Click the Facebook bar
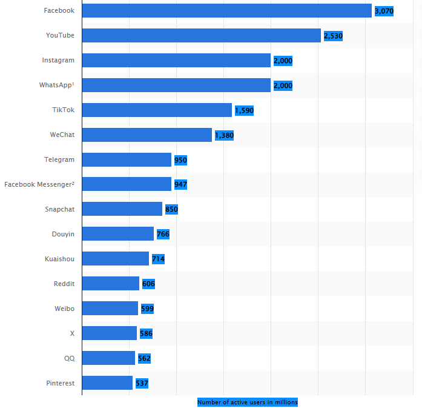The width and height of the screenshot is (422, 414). pos(226,11)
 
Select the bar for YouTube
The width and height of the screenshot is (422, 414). pos(201,36)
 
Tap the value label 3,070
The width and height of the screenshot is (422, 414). pos(384,11)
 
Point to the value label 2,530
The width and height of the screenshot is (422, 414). pos(333,36)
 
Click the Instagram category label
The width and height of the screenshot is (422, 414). pos(58,60)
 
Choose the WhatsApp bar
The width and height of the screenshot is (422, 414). pos(176,85)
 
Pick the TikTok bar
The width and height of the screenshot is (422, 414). pos(157,110)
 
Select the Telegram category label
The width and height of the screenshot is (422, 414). pos(59,159)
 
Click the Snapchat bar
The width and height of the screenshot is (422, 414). pos(122,209)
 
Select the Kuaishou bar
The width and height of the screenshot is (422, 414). pos(115,259)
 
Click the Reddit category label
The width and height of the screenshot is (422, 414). pos(64,283)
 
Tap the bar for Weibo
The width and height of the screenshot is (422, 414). pos(110,309)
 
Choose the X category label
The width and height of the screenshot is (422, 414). pos(72,333)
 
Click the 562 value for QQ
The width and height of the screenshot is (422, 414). pos(144,358)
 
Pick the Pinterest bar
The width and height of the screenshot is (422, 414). pos(107,383)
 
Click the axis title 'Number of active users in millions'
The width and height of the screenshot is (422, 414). pos(247,402)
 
